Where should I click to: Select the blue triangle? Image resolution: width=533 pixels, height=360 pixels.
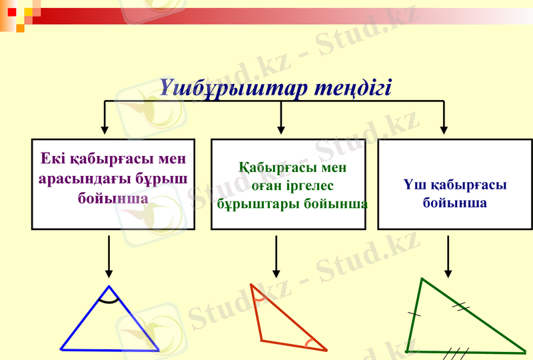110,327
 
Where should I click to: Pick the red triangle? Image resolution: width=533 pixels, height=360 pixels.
280,323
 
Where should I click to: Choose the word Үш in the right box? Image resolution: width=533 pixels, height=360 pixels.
415,185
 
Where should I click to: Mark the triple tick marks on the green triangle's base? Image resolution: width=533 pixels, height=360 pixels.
458,351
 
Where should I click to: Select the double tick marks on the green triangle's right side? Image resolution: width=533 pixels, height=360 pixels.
461,306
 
